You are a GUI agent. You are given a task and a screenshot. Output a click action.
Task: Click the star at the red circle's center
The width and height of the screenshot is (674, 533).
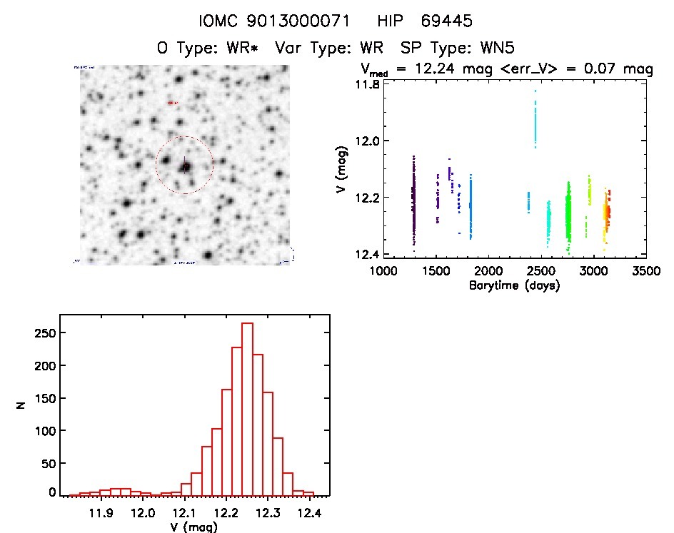coord(185,166)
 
